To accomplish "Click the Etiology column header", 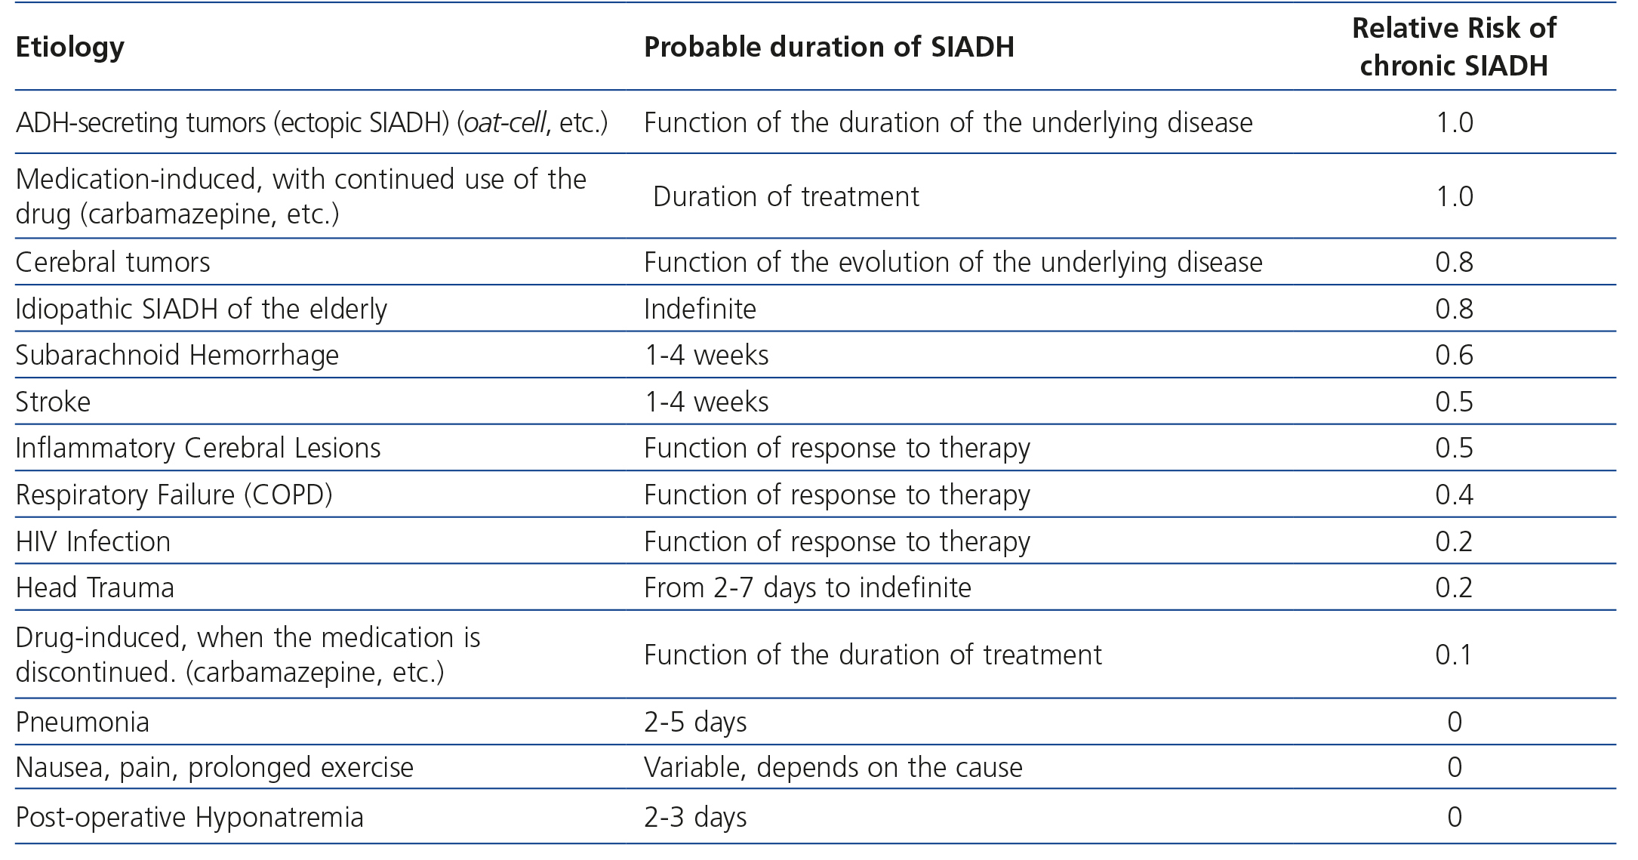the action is point(69,48).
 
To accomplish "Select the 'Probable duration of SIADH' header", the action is point(828,48).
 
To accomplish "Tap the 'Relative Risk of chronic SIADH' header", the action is point(1453,47).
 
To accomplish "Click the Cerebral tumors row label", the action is point(112,262).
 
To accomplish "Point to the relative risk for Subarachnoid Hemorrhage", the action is point(1454,355).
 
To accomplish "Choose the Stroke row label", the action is point(53,402).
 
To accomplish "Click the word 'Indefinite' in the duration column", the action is point(700,309).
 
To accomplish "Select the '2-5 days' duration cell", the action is point(695,723).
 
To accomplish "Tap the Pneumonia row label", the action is point(82,723).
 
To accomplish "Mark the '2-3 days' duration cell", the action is point(695,817).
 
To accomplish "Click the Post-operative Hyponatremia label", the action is point(189,817).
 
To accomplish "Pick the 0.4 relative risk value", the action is point(1454,495).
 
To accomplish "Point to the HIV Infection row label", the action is point(93,541).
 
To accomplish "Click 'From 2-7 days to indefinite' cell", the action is point(807,587).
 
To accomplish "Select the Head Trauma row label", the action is point(94,587).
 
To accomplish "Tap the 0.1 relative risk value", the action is point(1454,654).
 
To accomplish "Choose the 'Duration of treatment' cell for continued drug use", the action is point(786,196).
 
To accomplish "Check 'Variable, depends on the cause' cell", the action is point(833,767).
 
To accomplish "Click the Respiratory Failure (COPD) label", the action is point(174,495).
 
